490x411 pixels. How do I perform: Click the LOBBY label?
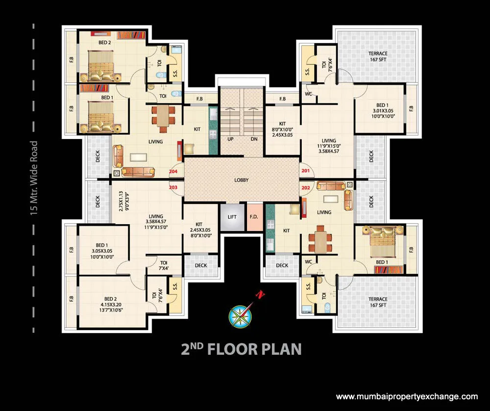pyautogui.click(x=242, y=180)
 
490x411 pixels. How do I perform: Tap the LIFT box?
pyautogui.click(x=232, y=217)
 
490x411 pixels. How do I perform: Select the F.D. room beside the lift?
pyautogui.click(x=254, y=217)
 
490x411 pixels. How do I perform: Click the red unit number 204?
pyautogui.click(x=173, y=171)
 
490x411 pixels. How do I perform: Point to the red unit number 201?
pyautogui.click(x=306, y=171)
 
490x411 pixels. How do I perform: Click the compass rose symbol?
pyautogui.click(x=239, y=316)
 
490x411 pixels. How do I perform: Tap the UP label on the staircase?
pyautogui.click(x=230, y=139)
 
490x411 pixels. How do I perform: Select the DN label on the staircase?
pyautogui.click(x=253, y=139)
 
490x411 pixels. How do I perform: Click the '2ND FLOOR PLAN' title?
pyautogui.click(x=241, y=349)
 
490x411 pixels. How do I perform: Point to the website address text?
pyautogui.click(x=407, y=396)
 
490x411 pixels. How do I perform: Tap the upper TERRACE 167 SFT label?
pyautogui.click(x=378, y=57)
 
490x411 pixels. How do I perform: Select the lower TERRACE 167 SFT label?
pyautogui.click(x=378, y=302)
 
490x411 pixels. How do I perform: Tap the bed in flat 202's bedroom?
pyautogui.click(x=383, y=240)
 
